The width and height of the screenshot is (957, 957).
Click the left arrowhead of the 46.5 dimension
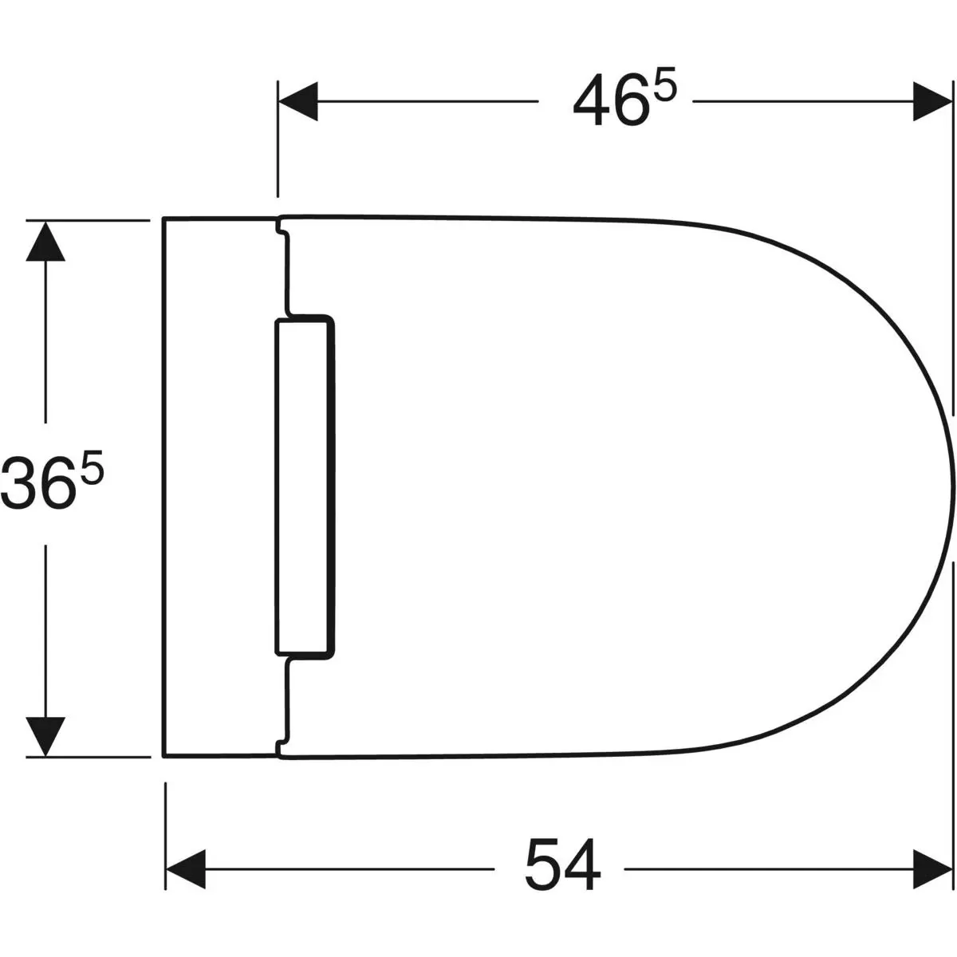tap(298, 101)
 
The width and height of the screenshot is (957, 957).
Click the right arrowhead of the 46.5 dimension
tap(932, 101)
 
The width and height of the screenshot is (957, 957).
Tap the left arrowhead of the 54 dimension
tap(186, 869)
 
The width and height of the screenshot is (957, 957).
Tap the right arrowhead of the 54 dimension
tap(932, 869)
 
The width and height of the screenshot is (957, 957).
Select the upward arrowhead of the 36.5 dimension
tap(45, 241)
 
